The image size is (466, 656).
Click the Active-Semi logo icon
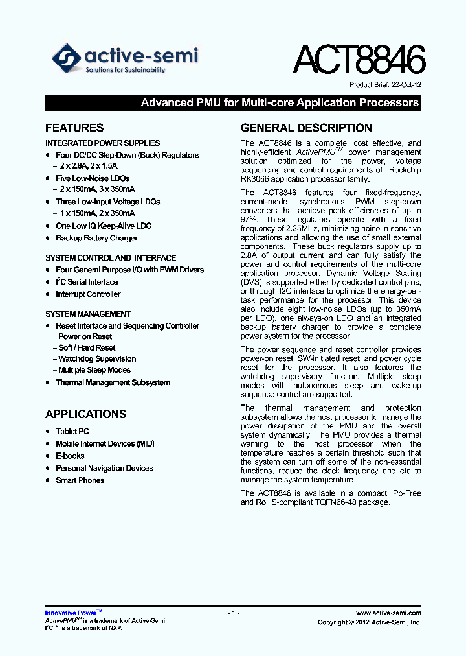coord(67,58)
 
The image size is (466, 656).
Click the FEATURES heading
coord(74,128)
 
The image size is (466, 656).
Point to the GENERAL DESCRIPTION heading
coord(306,128)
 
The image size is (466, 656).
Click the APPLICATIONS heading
coord(85,414)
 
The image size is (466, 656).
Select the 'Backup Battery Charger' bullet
coord(96,238)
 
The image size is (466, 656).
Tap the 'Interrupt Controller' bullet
coord(88,294)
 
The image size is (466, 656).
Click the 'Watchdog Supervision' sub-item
coord(97,359)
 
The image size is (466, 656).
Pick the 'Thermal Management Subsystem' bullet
coord(113,382)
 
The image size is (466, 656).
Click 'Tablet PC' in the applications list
coord(72,431)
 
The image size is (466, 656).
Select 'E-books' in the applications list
coord(70,456)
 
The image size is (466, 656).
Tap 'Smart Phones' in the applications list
coord(80,480)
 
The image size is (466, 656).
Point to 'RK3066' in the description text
coord(252,180)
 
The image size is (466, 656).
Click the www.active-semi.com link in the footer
coord(388,613)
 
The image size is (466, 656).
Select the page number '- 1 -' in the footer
coord(234,613)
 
